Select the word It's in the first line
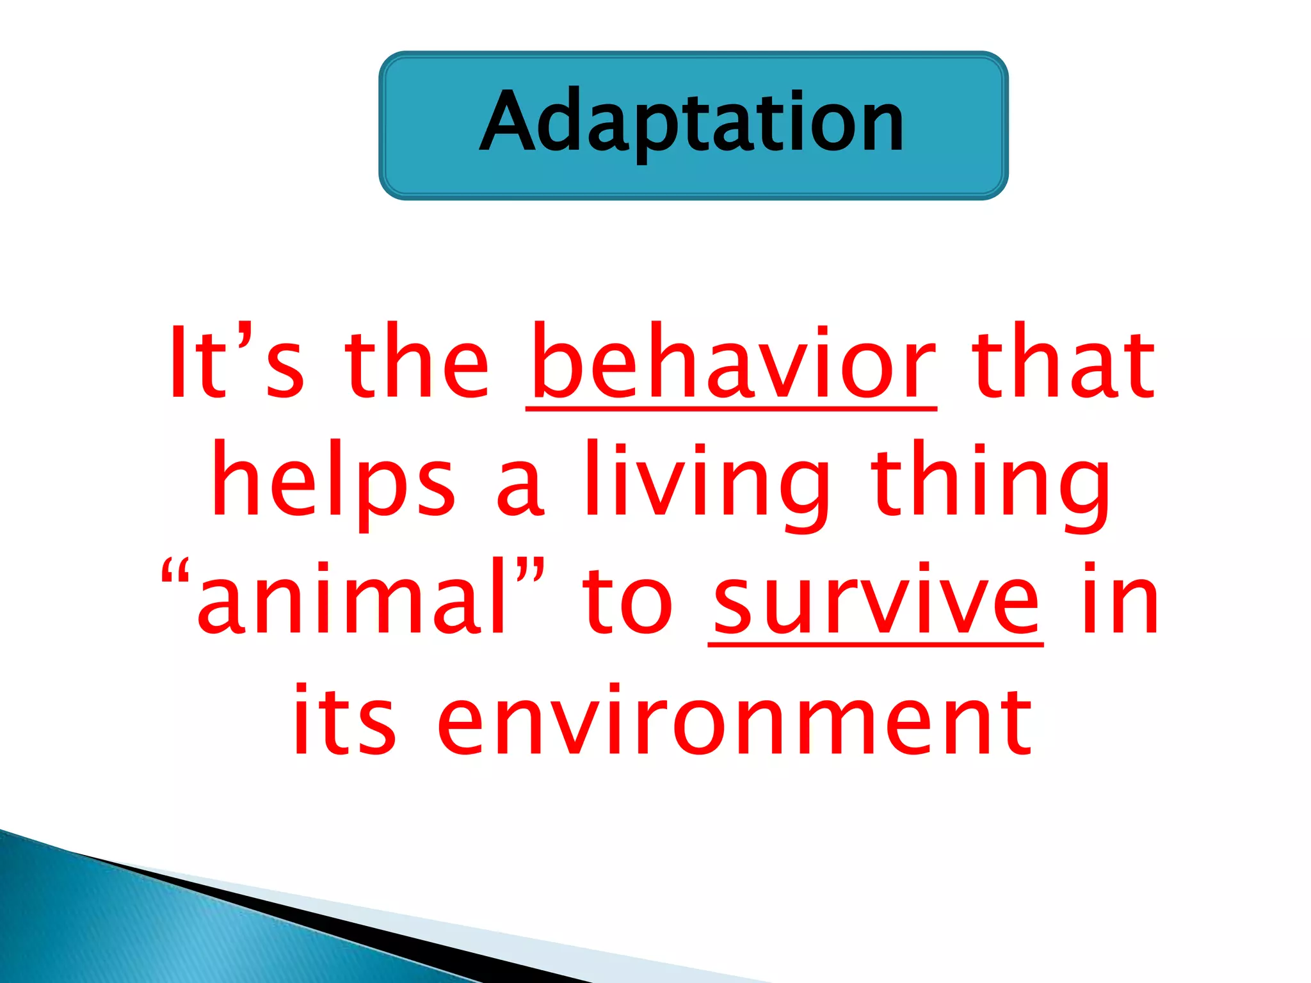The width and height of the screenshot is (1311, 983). tap(235, 363)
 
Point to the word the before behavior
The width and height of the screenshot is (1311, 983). tap(417, 363)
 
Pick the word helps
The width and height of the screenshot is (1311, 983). tap(334, 481)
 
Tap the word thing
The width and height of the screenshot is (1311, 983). tap(992, 481)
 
